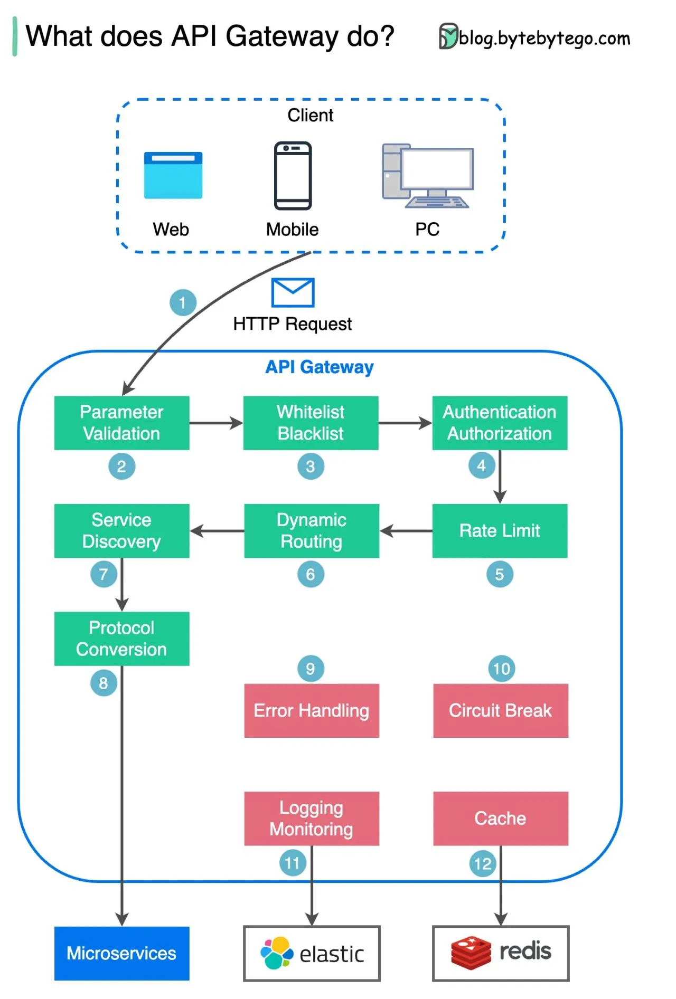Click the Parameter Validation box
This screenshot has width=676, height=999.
tap(121, 423)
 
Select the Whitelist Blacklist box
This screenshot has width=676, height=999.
tap(311, 423)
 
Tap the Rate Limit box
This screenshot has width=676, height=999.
tap(500, 530)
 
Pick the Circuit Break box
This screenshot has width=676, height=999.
tap(500, 710)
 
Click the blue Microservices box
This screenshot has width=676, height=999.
tap(121, 953)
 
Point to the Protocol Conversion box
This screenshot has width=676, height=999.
tap(121, 639)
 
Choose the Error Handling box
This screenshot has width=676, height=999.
tap(311, 710)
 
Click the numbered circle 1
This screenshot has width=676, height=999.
tap(183, 302)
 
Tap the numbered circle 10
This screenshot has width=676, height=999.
tap(501, 669)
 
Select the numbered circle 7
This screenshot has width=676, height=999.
tap(104, 574)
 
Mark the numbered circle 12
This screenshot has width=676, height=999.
tap(482, 864)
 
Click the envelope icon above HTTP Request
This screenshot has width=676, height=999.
tap(293, 292)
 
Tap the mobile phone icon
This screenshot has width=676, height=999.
tap(293, 175)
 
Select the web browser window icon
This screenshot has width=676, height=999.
tap(173, 175)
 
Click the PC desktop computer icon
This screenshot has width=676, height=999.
tap(427, 175)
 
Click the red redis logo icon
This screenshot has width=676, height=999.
tap(471, 953)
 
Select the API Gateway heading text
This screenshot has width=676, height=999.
tap(319, 367)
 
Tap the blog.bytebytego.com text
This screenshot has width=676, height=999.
tap(544, 39)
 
